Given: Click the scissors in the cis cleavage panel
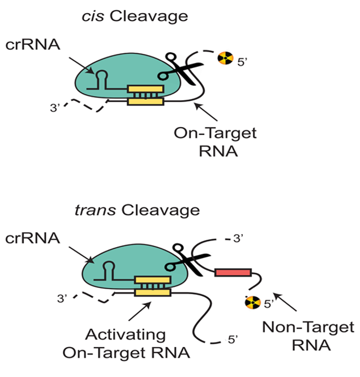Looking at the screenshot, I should [177, 69].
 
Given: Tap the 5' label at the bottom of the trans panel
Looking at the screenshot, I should [233, 341].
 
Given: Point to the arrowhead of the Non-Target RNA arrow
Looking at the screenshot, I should [276, 294].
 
